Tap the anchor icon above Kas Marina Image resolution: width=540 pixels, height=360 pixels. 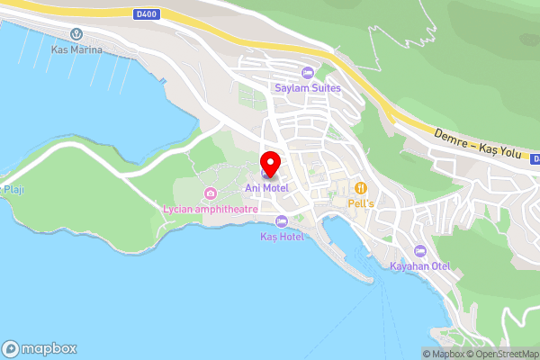pos(76,34)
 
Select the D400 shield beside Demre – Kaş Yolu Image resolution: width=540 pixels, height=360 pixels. pos(533,158)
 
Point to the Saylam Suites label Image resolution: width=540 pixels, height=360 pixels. pos(307,87)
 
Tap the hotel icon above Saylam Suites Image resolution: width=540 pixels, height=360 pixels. pos(308,73)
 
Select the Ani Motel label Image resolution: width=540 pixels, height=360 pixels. pos(266,187)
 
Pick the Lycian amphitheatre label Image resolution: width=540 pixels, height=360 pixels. pos(211,209)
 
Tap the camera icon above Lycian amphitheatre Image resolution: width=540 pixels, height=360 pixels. pos(211,193)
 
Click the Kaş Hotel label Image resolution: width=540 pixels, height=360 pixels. pos(282,237)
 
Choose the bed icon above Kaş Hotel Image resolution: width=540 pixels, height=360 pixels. pos(282,221)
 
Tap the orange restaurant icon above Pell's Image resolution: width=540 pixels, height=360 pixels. pos(361,187)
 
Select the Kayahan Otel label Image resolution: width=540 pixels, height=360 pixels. pos(419,266)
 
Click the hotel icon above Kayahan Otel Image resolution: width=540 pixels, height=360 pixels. pos(419,251)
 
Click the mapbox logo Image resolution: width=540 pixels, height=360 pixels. pos(40,348)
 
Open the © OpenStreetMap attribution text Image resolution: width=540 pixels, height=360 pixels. pos(502,354)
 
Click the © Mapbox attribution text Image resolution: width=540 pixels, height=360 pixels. pos(443,354)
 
